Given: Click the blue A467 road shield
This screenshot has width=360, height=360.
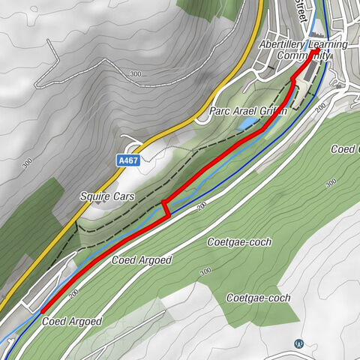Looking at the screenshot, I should (128, 160).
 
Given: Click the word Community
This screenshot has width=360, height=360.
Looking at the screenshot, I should (303, 55).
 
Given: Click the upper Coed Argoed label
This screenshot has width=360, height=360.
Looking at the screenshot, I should (142, 260).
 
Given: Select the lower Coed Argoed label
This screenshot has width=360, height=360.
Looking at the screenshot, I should (72, 321).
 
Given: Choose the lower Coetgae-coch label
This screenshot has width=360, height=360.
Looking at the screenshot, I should (258, 298).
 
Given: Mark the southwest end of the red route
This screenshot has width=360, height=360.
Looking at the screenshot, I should (43, 310).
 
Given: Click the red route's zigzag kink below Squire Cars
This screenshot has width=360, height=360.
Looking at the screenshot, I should (165, 208).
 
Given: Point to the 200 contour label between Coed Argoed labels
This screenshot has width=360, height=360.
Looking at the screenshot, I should (73, 296).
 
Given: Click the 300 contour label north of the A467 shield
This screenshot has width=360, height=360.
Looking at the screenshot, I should (136, 74).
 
